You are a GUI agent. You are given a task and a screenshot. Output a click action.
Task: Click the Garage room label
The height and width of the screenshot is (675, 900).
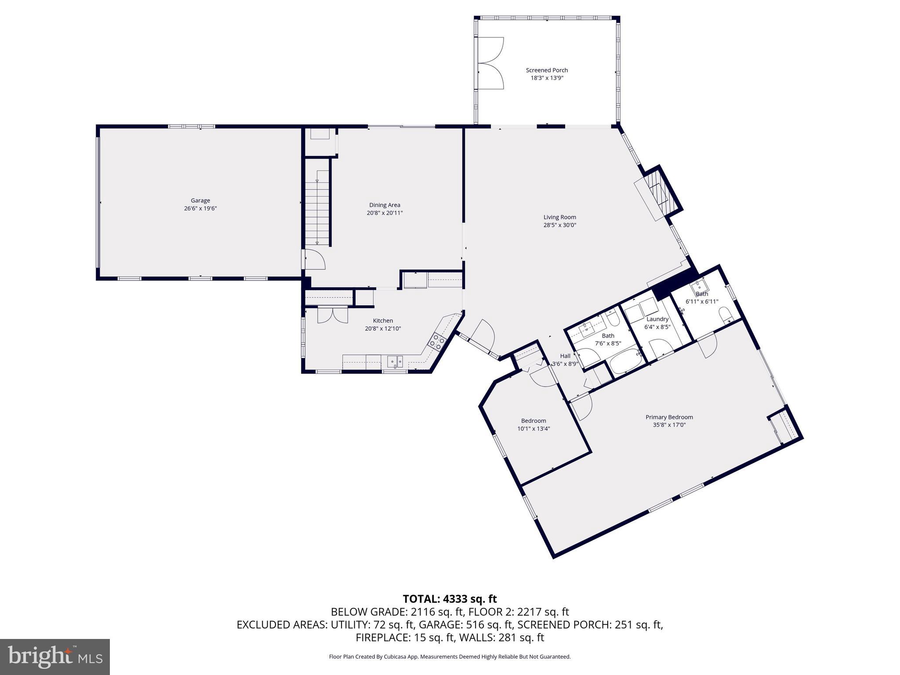[x=200, y=200]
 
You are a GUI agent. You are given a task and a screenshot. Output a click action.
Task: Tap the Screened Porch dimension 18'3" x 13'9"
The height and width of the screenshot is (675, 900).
[x=547, y=78]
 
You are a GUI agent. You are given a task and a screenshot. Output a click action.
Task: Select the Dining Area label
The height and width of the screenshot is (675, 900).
[x=385, y=205]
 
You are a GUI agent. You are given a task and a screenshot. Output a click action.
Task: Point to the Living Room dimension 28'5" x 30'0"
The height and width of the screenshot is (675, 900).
[x=559, y=225]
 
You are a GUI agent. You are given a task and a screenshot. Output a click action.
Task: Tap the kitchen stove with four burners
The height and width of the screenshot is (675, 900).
[x=437, y=341]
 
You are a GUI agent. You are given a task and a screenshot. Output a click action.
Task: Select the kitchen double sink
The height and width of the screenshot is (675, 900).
[x=395, y=361]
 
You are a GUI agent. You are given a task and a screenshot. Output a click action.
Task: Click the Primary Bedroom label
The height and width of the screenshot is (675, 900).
[x=669, y=417]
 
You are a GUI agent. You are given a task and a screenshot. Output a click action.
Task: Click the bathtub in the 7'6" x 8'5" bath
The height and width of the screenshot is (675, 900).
[x=626, y=361]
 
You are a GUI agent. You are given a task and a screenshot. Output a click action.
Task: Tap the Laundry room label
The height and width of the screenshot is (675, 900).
[x=657, y=319]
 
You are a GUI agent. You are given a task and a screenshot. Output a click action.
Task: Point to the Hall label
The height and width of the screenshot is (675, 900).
[x=565, y=356]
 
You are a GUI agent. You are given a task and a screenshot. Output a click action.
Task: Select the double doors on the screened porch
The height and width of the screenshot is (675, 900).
[x=490, y=64]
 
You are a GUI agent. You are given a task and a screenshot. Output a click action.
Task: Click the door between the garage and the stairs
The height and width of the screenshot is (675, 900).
[x=313, y=259]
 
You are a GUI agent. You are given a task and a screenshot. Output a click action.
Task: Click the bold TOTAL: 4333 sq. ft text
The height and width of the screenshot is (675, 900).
[x=450, y=599]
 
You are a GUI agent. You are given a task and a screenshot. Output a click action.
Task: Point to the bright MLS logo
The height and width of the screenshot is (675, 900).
[x=54, y=657]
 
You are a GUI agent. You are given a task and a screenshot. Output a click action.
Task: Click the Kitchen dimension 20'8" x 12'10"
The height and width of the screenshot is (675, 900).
[x=383, y=329]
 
